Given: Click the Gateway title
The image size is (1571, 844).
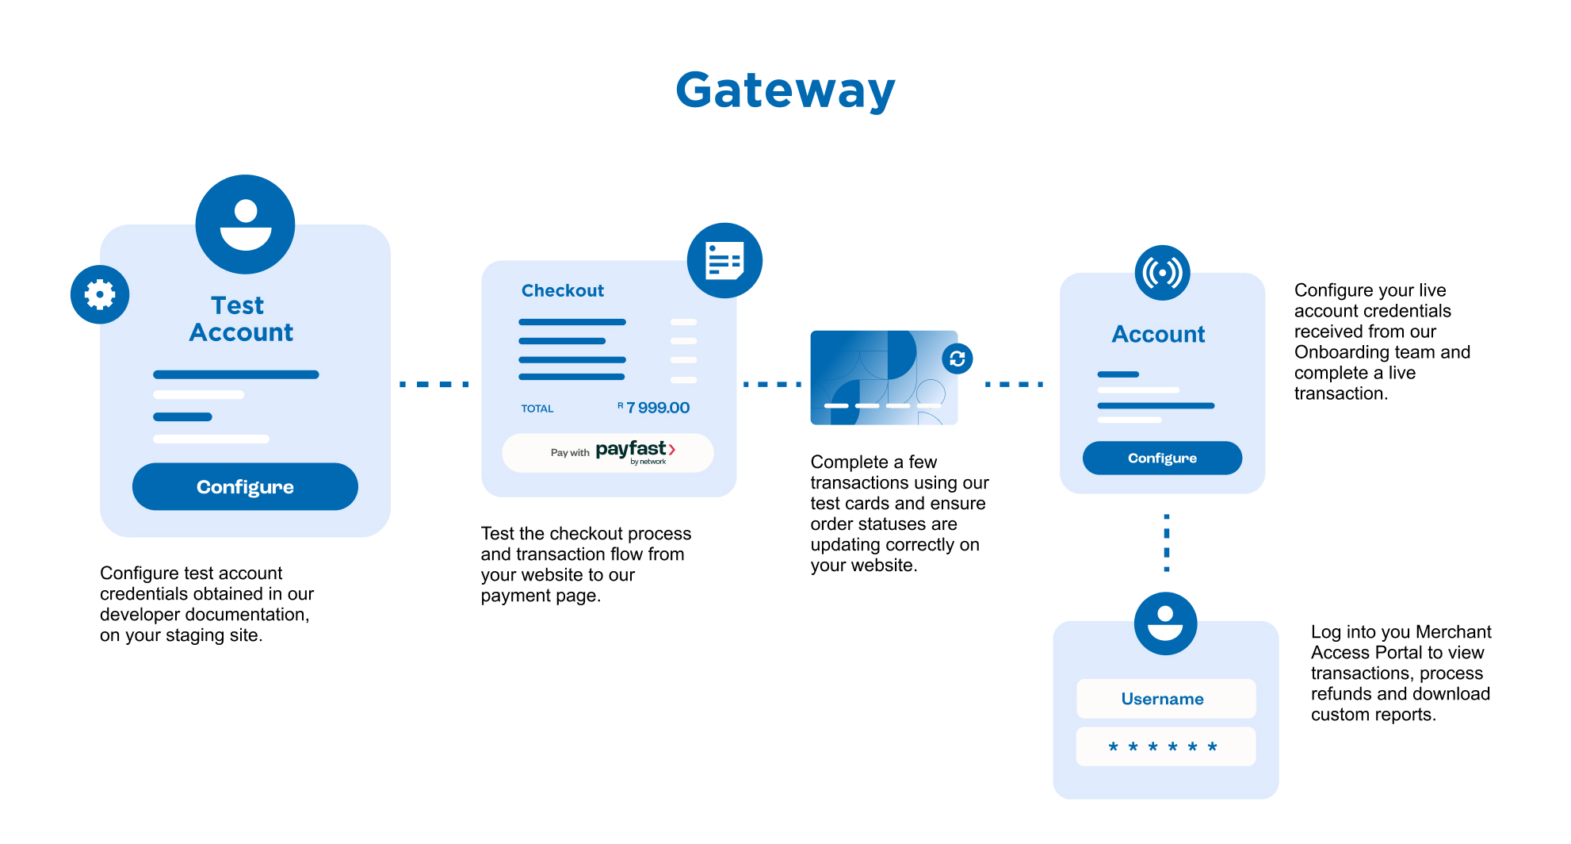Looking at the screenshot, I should tap(785, 90).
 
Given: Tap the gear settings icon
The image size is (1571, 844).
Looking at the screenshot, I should tap(100, 294).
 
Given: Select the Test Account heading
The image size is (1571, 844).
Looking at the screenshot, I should tap(240, 319).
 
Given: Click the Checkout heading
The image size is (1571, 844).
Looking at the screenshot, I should tap(562, 290).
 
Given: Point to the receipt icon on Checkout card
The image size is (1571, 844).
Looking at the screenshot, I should tap(724, 260).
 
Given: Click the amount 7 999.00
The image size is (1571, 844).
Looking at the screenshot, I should tap(657, 408).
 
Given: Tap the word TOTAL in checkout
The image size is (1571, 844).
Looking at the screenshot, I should tap(537, 409).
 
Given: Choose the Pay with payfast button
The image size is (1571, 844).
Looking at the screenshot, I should tap(607, 452).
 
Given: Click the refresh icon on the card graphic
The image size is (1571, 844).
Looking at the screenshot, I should tap(957, 359).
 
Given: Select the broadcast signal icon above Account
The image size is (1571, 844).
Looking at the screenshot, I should tap(1162, 273).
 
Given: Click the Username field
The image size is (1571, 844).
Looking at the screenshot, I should tap(1165, 699).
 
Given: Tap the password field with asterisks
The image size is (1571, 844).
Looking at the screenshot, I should tap(1165, 746).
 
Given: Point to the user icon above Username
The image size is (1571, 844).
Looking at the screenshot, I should tap(1165, 623).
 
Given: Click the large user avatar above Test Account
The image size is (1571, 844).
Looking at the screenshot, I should tap(245, 224).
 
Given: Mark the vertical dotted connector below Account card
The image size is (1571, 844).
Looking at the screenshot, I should tap(1166, 543).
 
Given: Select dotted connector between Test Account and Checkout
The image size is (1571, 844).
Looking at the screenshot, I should tap(434, 384).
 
